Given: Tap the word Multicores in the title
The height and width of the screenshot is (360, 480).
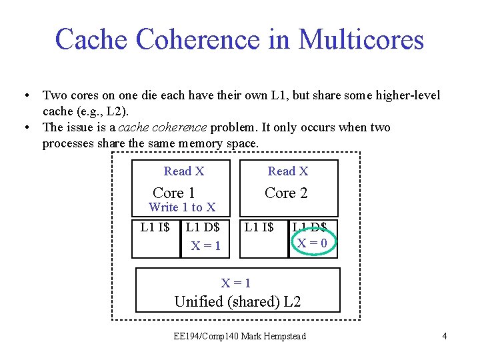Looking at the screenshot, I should (x=361, y=40).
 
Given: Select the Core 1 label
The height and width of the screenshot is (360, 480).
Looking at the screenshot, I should (x=173, y=193).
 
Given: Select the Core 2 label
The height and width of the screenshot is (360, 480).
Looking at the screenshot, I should (x=286, y=193).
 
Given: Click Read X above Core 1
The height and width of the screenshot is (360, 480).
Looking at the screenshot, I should (x=184, y=171).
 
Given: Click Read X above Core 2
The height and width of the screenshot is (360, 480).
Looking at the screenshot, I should (x=288, y=171).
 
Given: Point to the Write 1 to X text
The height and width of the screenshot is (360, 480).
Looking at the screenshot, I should (x=182, y=208).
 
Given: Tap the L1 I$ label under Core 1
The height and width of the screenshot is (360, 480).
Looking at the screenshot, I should (x=155, y=227).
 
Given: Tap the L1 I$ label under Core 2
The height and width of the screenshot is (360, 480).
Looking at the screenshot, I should (x=259, y=227).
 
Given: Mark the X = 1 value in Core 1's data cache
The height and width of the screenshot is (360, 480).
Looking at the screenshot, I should (x=207, y=246).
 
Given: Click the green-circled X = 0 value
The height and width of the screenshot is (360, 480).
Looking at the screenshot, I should (x=312, y=243).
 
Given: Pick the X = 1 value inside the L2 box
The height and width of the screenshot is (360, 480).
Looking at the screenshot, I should (x=236, y=283).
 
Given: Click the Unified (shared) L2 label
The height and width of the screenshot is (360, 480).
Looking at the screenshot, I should (x=237, y=301).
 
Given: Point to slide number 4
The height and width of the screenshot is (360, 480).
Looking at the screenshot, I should (x=444, y=336).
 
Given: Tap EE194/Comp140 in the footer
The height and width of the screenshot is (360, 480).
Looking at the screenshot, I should (x=202, y=336).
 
